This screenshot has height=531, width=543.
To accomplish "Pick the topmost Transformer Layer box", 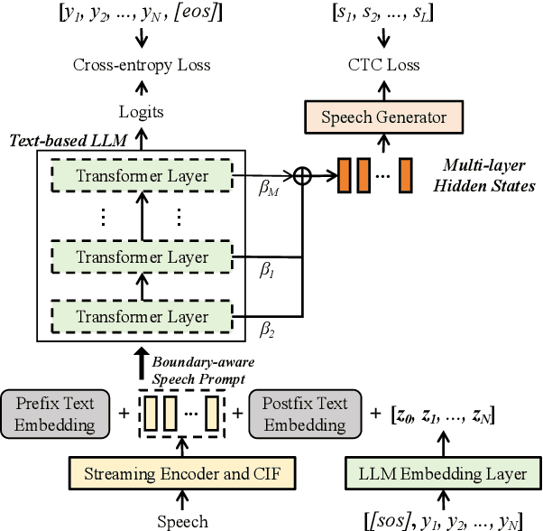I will pyautogui.click(x=143, y=176).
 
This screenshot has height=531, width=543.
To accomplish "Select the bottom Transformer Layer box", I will pyautogui.click(x=143, y=317).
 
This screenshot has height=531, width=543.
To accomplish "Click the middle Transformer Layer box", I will pyautogui.click(x=143, y=257).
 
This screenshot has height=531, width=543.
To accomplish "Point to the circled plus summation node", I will pyautogui.click(x=305, y=177).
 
